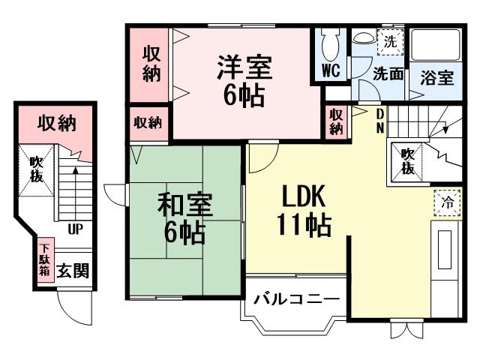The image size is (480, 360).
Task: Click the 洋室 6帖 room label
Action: (244, 81)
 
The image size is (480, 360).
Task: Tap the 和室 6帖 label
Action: (184, 217)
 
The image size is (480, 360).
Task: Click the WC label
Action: (331, 71)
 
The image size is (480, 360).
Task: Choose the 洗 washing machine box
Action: (389, 42)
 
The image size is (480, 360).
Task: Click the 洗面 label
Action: (388, 74)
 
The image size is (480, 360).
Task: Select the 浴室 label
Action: (436, 76)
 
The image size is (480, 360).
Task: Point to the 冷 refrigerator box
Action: (447, 202)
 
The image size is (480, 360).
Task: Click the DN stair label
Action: (380, 120)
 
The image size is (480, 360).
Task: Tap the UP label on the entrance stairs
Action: (75, 229)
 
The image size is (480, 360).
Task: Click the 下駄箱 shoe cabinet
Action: (45, 259)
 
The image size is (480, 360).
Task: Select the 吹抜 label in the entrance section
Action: (36, 169)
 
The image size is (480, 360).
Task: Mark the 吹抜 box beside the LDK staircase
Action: (407, 160)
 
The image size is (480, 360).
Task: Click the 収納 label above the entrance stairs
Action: (57, 122)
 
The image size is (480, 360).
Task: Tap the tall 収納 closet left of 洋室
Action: (151, 64)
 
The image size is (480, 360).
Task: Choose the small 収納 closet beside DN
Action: (336, 121)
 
